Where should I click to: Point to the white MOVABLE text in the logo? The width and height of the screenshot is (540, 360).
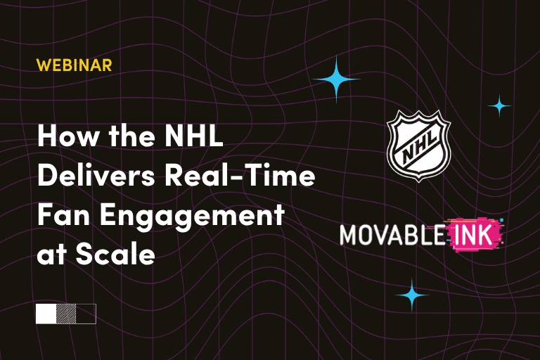[x=391, y=234]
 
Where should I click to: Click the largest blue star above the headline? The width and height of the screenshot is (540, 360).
[x=336, y=80]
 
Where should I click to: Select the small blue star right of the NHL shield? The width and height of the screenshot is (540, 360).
[x=500, y=105]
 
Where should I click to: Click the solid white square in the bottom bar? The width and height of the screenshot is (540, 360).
[x=46, y=313]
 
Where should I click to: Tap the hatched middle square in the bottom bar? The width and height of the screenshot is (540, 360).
[x=66, y=313]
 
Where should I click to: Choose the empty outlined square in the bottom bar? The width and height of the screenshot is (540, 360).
[x=86, y=313]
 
